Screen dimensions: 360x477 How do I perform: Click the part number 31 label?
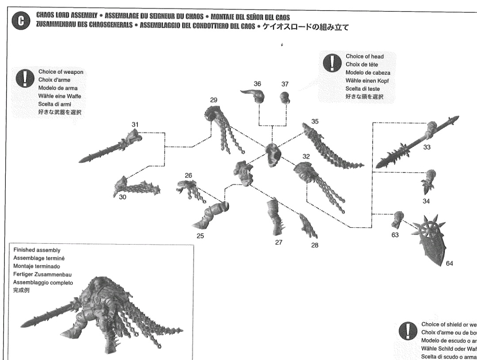134,125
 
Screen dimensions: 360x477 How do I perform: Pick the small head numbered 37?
285,97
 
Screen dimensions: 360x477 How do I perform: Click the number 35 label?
314,121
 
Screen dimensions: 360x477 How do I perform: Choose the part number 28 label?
314,245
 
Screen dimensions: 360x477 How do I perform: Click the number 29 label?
214,101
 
